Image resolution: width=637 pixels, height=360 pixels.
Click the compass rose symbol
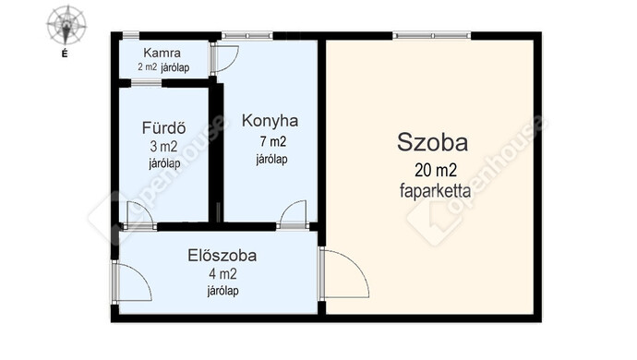point(66,25)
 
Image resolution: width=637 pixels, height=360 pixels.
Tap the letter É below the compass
point(65,53)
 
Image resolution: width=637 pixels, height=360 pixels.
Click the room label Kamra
point(162,53)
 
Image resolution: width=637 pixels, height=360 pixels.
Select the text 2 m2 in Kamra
point(147,67)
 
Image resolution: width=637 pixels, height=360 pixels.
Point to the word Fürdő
point(163,128)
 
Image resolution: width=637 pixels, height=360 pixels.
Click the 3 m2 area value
point(163,146)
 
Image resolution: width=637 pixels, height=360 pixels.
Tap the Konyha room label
point(270,121)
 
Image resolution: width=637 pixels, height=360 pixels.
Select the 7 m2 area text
point(273,141)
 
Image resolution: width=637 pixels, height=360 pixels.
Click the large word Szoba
point(432,142)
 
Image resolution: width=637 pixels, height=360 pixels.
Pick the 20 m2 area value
point(436,170)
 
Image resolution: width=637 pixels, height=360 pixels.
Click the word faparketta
point(436,190)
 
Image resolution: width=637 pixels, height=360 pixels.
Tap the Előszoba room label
point(222,256)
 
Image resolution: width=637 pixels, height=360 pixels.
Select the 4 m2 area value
point(222,274)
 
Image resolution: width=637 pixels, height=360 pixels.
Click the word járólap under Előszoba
point(222,291)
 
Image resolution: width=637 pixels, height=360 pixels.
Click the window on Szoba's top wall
point(432,36)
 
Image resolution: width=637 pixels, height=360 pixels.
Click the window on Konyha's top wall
point(247,36)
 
